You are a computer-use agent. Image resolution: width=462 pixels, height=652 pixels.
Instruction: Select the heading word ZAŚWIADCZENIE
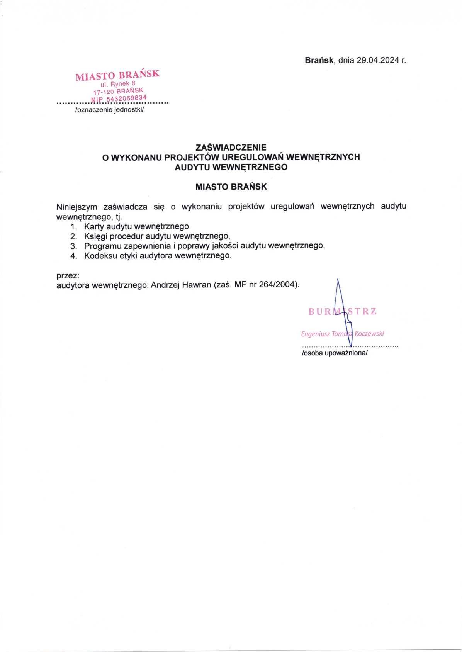[x=231, y=147]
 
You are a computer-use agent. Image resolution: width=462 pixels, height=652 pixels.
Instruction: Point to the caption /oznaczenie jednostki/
[x=109, y=110]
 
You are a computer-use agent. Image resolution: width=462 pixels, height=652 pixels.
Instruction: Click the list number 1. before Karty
[x=74, y=226]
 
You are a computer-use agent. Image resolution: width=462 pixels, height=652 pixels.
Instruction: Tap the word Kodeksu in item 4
[x=99, y=256]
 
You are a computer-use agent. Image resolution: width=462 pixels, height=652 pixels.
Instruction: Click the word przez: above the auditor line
[x=68, y=276]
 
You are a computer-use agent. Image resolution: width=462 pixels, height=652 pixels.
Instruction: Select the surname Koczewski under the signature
[x=369, y=334]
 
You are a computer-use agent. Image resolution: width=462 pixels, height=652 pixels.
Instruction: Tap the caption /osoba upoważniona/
[x=335, y=353]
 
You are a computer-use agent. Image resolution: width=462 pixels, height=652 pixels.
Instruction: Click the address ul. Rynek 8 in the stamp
[x=118, y=84]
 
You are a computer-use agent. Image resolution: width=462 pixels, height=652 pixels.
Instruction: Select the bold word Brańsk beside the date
[x=319, y=60]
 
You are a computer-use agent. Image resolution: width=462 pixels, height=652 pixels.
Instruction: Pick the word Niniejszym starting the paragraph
[x=77, y=206]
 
